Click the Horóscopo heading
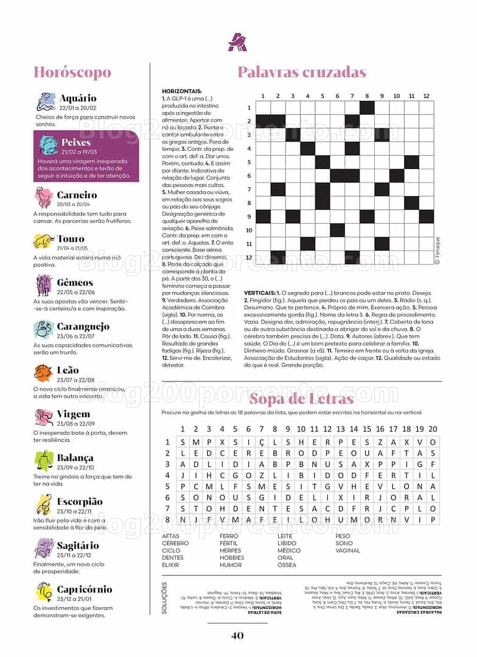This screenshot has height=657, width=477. (72, 73)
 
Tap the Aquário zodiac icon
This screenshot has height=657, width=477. (46, 102)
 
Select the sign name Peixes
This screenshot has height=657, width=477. (76, 142)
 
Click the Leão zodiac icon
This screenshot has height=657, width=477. (43, 373)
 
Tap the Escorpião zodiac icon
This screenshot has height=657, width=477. (44, 504)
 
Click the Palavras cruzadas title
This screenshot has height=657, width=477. (302, 72)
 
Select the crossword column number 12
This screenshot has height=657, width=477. (427, 96)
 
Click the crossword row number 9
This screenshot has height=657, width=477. (249, 217)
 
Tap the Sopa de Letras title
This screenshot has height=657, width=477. (301, 399)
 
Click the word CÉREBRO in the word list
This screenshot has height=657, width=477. (175, 543)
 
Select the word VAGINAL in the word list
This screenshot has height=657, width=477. (348, 551)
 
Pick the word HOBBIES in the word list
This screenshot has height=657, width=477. (232, 558)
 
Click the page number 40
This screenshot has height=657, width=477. (237, 636)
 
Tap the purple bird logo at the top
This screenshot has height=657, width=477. (237, 41)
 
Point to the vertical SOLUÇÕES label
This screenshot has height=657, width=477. (164, 597)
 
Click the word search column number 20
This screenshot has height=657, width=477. (433, 429)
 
